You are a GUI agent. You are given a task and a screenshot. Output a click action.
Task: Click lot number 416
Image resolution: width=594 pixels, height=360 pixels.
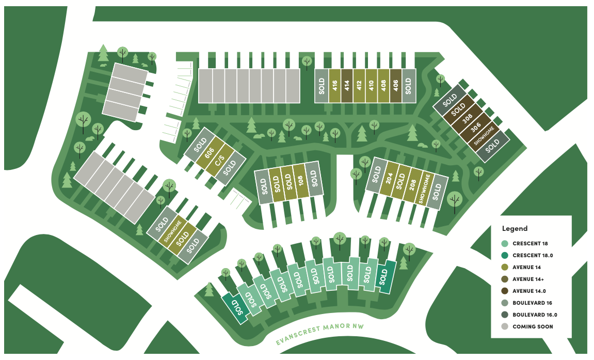point(334,85)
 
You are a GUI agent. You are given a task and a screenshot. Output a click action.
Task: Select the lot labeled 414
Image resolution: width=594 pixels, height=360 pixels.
point(346,85)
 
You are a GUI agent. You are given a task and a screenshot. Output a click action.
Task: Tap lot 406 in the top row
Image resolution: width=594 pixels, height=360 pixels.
point(395,85)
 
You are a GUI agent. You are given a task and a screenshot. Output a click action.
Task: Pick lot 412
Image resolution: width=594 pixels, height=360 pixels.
point(359,85)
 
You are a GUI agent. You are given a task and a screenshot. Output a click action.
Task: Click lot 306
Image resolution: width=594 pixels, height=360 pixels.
point(476,128)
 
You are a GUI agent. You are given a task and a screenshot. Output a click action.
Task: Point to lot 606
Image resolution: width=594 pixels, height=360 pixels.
point(209,153)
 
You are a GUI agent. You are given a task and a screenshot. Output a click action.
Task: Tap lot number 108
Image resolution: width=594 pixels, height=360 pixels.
point(300,181)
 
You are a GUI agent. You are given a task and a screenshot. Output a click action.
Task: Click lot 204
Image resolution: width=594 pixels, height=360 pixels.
point(390,179)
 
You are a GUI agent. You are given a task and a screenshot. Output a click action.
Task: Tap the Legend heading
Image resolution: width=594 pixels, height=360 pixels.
point(515,228)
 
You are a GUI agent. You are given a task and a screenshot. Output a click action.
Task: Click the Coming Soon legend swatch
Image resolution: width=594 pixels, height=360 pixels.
point(505,326)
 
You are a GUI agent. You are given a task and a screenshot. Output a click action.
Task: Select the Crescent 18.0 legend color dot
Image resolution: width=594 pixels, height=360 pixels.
point(505,255)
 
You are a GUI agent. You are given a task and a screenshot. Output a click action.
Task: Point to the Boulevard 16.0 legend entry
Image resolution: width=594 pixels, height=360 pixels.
point(535,315)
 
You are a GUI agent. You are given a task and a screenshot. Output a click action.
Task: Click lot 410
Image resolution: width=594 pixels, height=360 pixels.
point(371,85)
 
